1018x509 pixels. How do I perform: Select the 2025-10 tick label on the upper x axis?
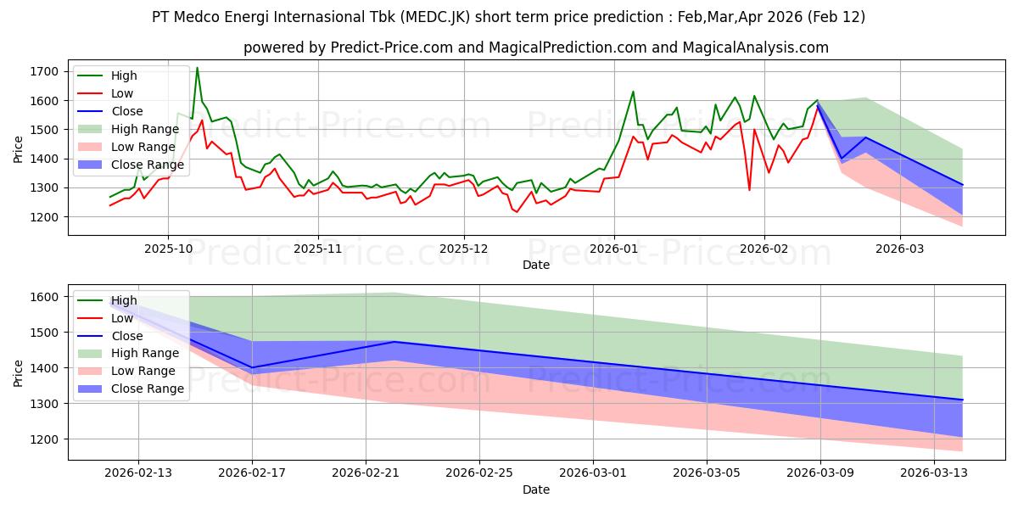pyautogui.click(x=168, y=249)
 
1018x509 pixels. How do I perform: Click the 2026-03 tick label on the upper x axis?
pyautogui.click(x=900, y=249)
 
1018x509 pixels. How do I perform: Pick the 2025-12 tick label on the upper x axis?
pyautogui.click(x=463, y=249)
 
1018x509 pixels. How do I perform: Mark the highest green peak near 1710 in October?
pyautogui.click(x=198, y=68)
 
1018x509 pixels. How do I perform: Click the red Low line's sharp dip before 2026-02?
pyautogui.click(x=749, y=189)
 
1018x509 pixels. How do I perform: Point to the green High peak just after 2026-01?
pyautogui.click(x=633, y=92)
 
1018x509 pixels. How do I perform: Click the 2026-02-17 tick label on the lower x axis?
pyautogui.click(x=252, y=473)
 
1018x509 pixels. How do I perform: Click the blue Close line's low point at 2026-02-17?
pyautogui.click(x=252, y=367)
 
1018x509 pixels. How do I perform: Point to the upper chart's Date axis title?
pyautogui.click(x=535, y=266)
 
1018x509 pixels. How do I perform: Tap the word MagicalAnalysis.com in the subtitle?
pyautogui.click(x=761, y=48)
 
